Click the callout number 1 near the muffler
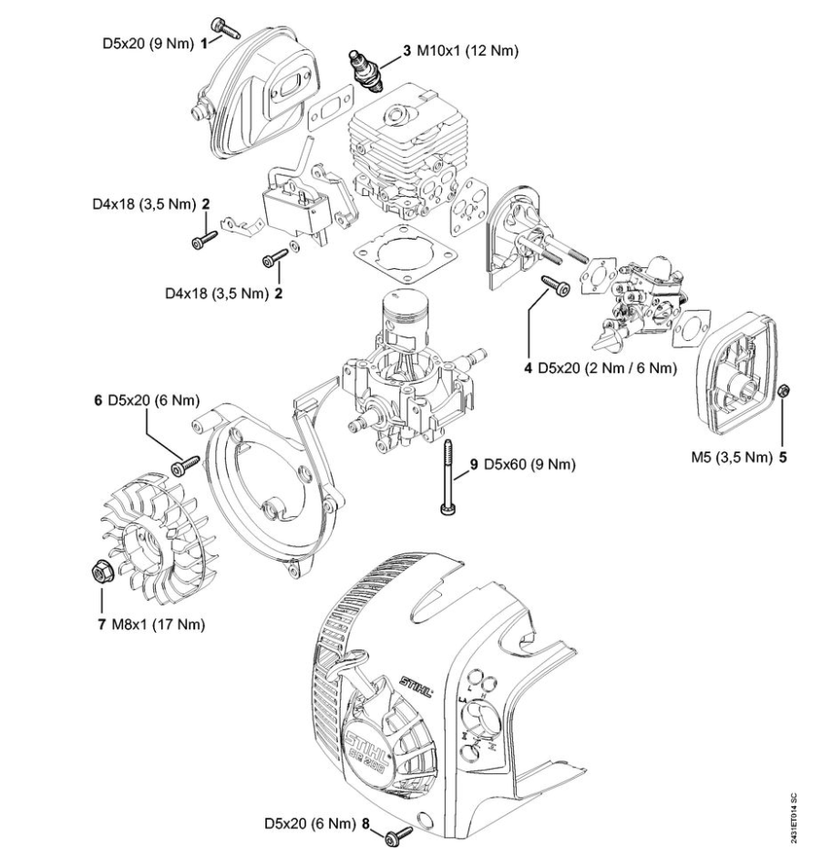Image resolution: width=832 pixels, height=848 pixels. [206, 40]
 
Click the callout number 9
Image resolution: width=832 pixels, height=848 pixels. [474, 464]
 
